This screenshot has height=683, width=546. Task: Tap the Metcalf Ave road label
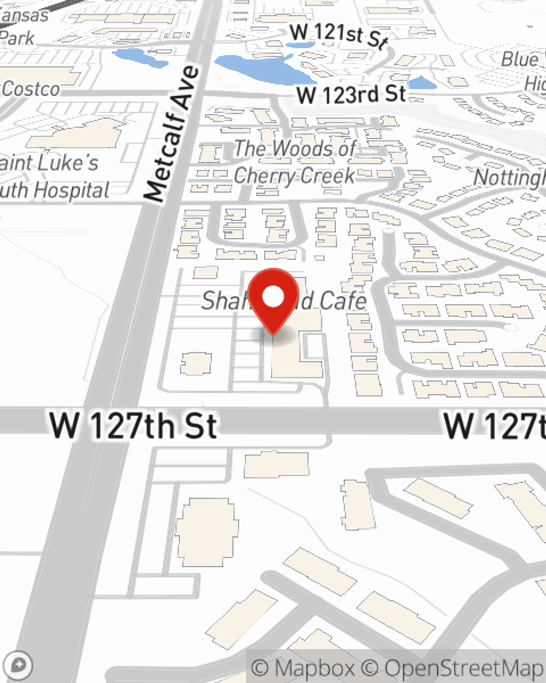[171, 134]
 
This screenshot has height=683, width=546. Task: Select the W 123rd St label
[351, 95]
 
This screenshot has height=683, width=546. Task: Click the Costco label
[31, 89]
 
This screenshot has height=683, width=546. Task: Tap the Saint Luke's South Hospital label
[52, 176]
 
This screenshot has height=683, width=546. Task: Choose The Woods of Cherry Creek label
[295, 162]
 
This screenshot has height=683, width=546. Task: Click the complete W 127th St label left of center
[133, 425]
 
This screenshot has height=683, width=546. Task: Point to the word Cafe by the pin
[343, 301]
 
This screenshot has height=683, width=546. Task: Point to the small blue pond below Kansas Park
[140, 57]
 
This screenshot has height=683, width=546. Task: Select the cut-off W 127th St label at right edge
[494, 425]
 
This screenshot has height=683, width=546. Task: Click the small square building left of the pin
[195, 364]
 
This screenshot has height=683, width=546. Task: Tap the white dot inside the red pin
[273, 297]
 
